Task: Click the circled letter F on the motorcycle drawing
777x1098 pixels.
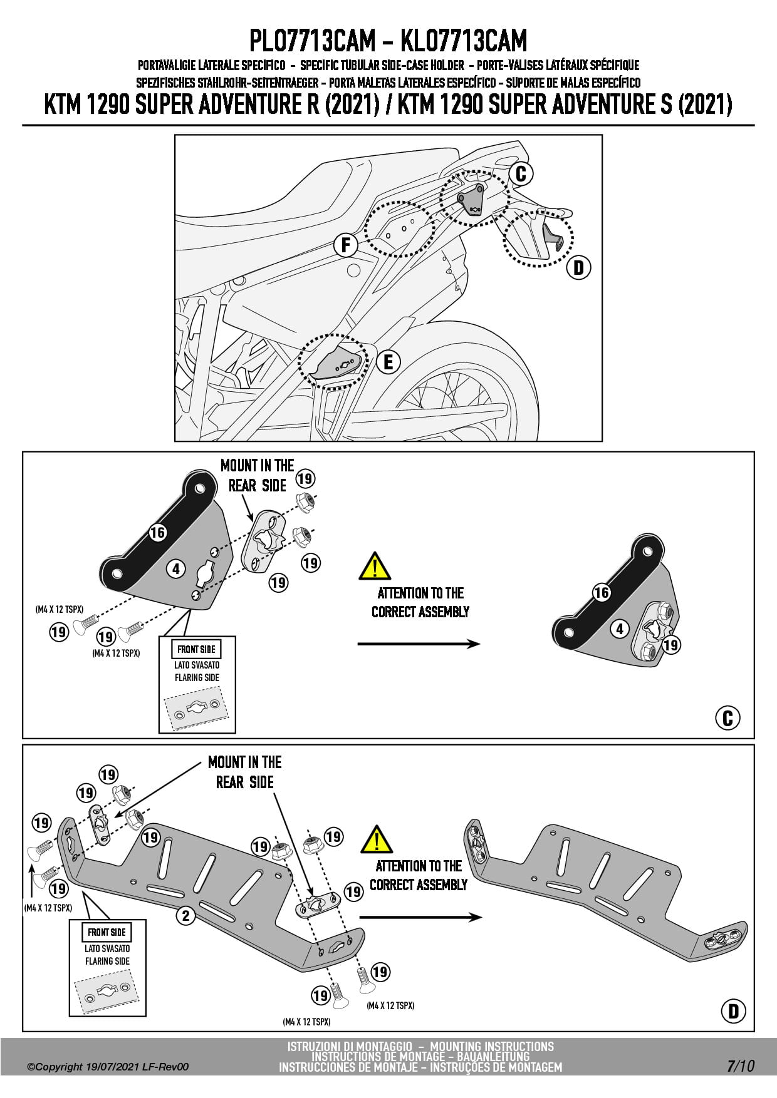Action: tap(345, 245)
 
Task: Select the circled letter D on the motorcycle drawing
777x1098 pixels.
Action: tap(578, 268)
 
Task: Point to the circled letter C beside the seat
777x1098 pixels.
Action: tap(521, 173)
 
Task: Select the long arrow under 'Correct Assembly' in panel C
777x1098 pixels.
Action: tap(419, 644)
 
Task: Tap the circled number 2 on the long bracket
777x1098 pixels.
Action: tap(185, 916)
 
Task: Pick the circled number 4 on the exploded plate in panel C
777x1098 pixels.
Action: tap(176, 569)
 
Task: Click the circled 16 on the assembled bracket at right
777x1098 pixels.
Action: tap(602, 592)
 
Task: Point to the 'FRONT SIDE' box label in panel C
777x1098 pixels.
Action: tap(197, 649)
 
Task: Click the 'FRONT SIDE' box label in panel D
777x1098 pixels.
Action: tap(107, 932)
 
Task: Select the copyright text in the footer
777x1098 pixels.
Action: tap(108, 1067)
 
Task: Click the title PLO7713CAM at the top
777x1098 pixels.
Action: tap(312, 41)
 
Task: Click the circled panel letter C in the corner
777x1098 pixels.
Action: tap(727, 718)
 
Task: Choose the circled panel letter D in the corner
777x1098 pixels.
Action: tap(733, 1011)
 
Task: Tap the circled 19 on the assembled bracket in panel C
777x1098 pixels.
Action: tap(671, 645)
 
